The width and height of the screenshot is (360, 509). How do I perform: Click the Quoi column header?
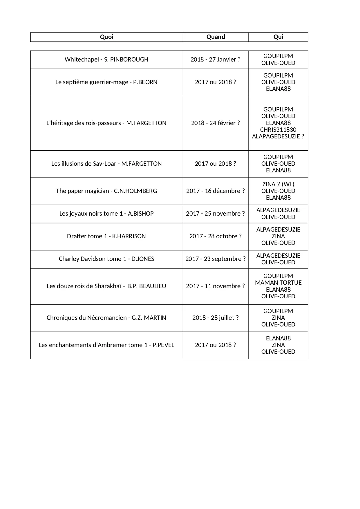click(106, 37)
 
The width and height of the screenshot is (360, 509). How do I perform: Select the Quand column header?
click(216, 37)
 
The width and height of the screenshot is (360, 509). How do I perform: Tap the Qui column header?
click(278, 37)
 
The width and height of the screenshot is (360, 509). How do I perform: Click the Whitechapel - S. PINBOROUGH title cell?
click(106, 59)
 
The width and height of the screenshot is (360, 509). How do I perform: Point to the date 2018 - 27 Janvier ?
click(216, 59)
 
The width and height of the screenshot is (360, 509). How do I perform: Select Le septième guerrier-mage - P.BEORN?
click(106, 82)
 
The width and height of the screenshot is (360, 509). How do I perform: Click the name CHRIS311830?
click(278, 130)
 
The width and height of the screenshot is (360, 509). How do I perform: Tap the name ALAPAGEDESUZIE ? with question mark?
click(278, 136)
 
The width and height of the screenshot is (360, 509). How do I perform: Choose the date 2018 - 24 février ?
click(216, 123)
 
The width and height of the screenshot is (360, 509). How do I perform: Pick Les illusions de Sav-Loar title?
click(106, 164)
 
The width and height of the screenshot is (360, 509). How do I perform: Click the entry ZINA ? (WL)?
click(278, 184)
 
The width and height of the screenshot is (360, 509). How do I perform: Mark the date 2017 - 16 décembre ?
click(216, 191)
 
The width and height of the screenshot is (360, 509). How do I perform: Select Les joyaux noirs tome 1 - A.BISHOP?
click(106, 214)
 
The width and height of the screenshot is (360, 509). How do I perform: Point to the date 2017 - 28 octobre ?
click(216, 236)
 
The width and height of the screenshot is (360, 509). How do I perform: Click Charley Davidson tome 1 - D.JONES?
click(106, 259)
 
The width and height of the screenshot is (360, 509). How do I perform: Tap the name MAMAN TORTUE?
click(278, 283)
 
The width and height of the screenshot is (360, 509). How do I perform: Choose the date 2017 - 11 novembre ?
click(216, 286)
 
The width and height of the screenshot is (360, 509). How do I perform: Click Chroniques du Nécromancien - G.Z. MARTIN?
click(106, 318)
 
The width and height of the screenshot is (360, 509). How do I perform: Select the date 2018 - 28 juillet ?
click(216, 318)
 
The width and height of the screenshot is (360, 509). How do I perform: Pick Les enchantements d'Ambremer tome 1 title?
click(106, 345)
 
